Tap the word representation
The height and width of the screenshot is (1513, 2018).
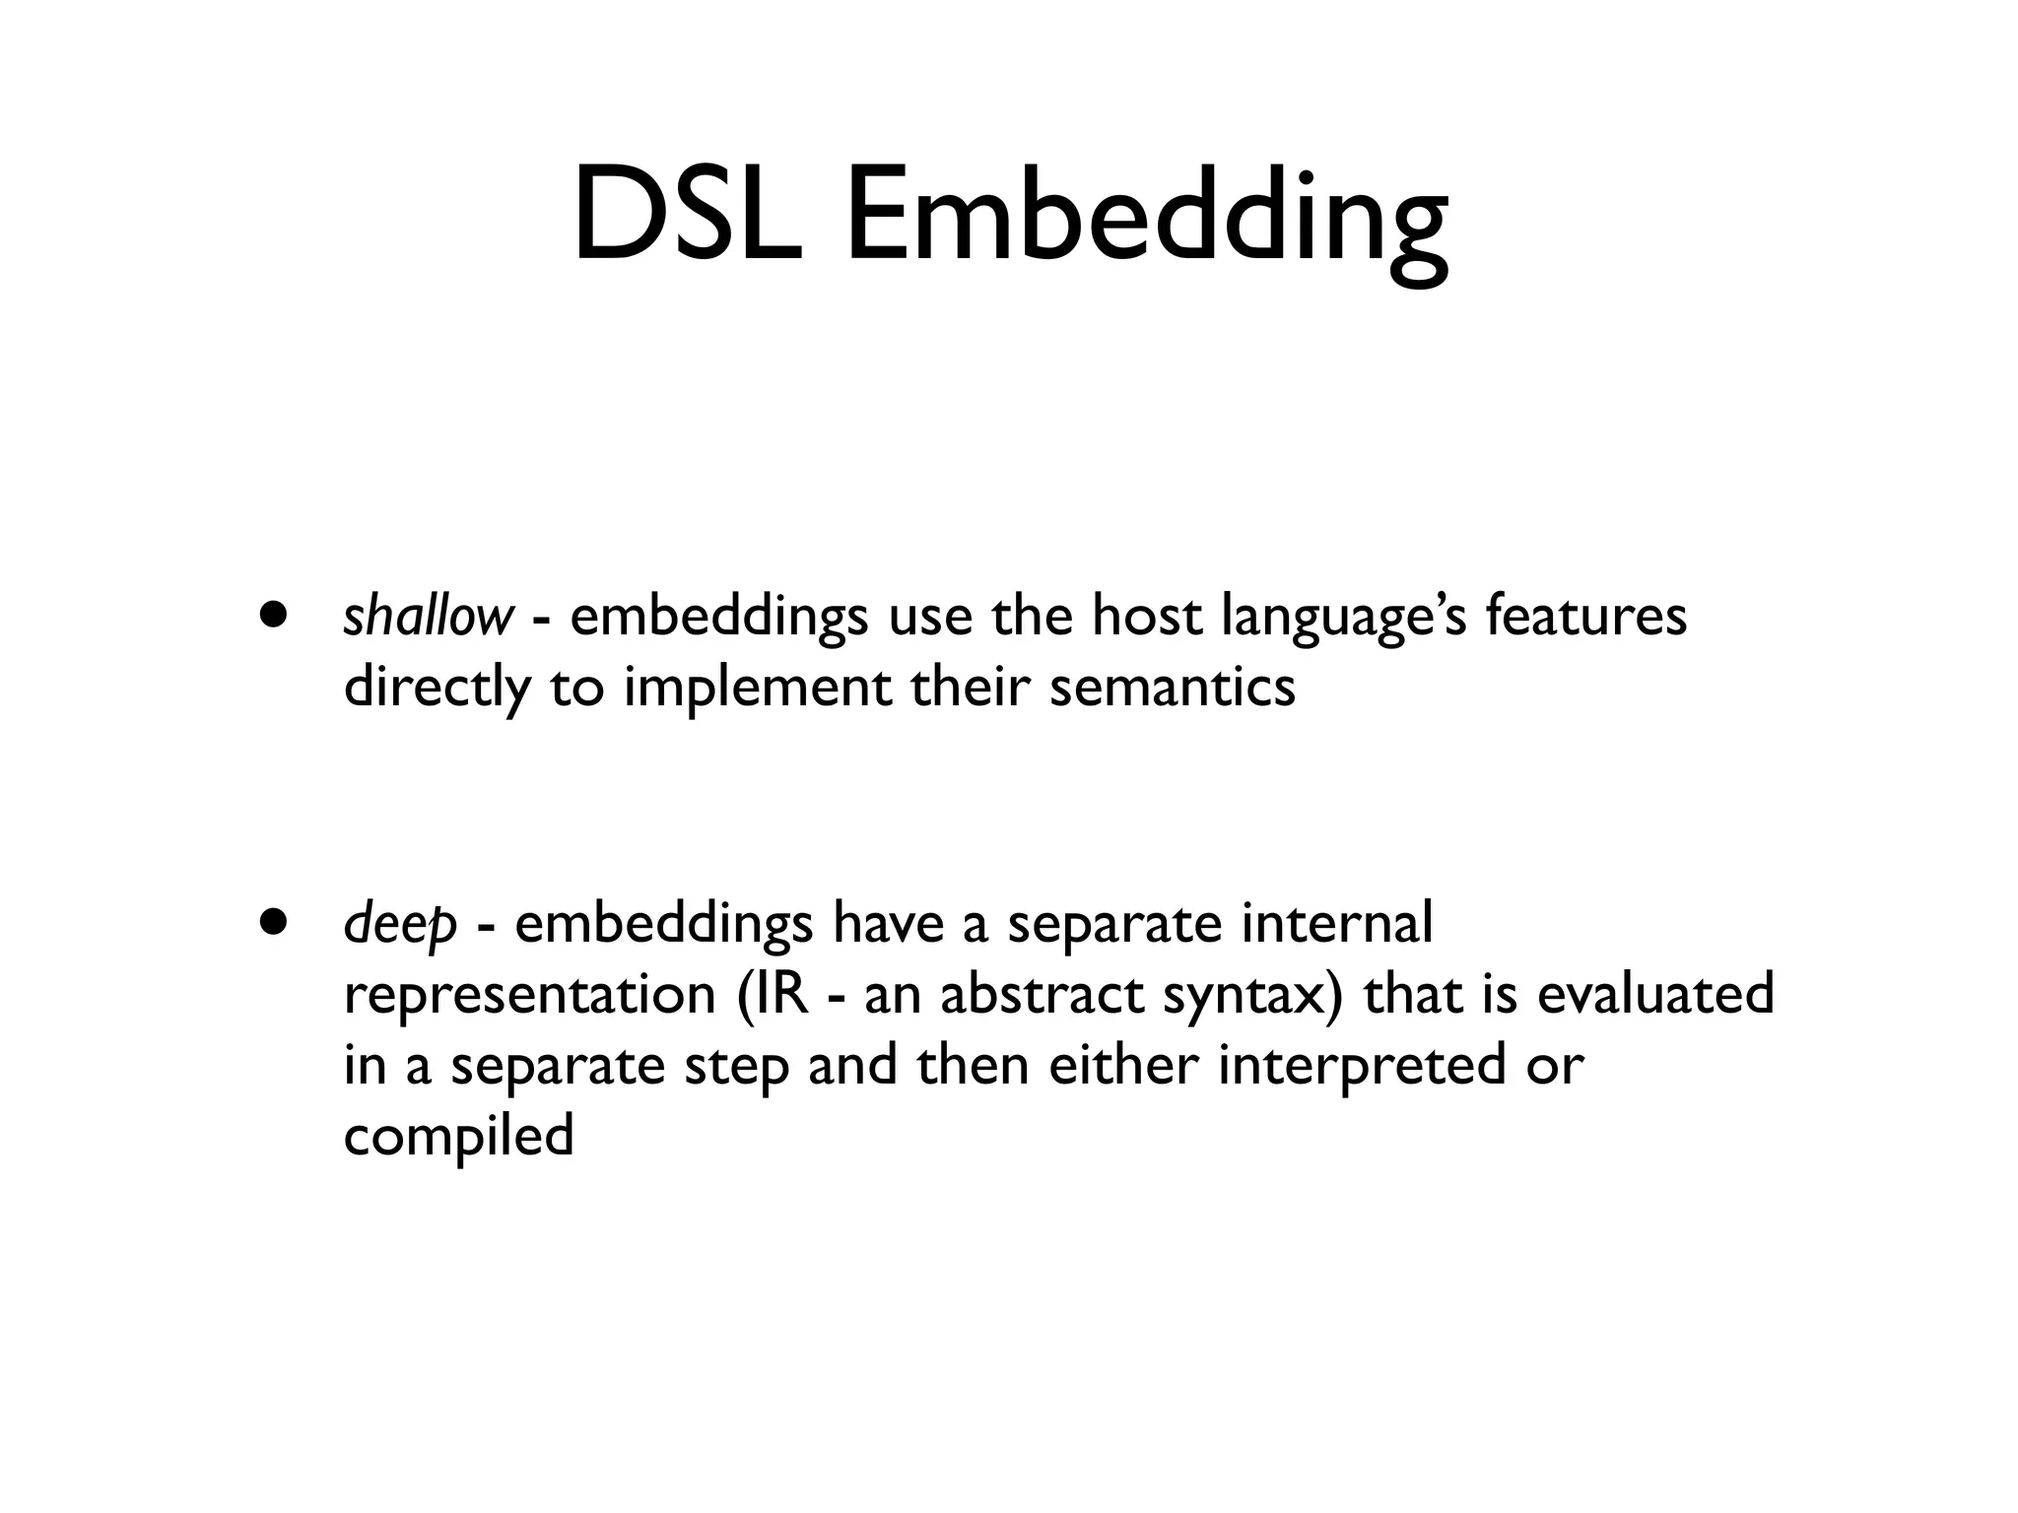tap(529, 996)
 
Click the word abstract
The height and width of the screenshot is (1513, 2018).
tap(1042, 994)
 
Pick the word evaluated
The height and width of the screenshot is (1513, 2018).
tap(1655, 994)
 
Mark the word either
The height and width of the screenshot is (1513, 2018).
tap(1122, 1065)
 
